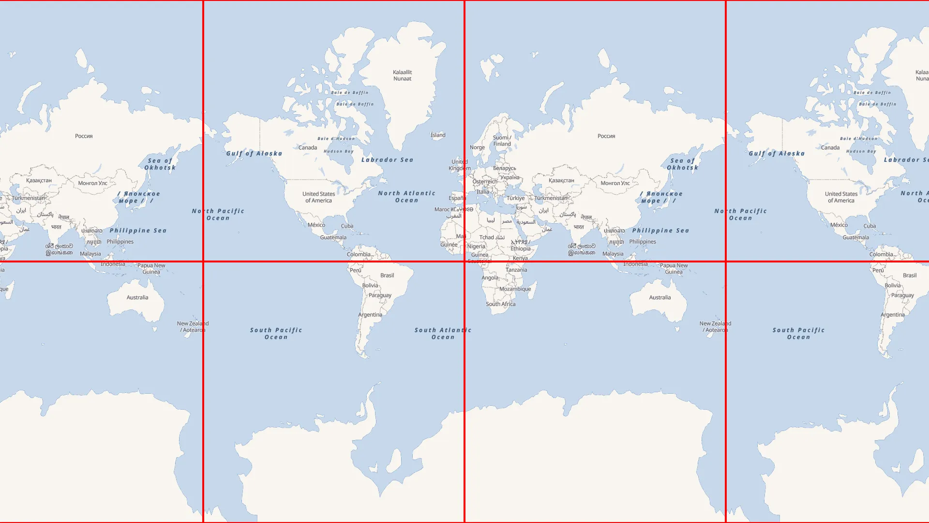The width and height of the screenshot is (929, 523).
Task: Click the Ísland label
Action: tap(438, 135)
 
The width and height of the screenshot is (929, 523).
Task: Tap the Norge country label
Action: tap(477, 148)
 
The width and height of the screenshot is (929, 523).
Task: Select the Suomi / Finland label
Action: tap(502, 140)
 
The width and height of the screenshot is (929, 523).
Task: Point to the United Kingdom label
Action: tap(459, 165)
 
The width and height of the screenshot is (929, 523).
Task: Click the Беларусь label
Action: tap(504, 169)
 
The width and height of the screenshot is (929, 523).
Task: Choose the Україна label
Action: tap(509, 177)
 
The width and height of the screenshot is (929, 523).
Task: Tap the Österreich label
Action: tap(484, 182)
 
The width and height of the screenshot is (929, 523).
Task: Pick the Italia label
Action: tap(482, 192)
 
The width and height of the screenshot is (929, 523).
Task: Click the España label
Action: tap(457, 198)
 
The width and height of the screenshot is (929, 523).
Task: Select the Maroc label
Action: tap(442, 210)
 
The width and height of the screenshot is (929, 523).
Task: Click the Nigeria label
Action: tap(476, 246)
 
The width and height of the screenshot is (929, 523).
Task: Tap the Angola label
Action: tap(490, 278)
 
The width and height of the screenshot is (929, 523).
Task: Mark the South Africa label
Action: tap(500, 304)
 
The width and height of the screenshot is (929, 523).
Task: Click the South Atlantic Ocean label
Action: tap(443, 334)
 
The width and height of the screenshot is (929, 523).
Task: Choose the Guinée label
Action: tap(449, 245)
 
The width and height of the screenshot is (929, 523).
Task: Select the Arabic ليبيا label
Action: tap(491, 220)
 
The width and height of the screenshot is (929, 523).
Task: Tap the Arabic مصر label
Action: tap(507, 221)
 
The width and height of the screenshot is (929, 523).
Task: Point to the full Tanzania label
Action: tap(516, 270)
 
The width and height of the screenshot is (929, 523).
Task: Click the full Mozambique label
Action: tap(515, 289)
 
